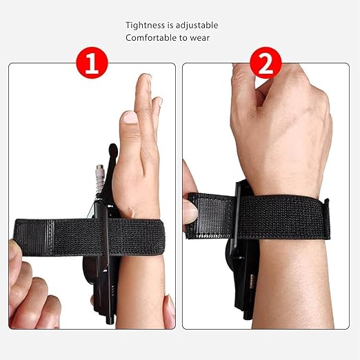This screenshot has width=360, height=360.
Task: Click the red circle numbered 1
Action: click(x=92, y=63)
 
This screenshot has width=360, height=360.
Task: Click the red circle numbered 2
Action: click(x=266, y=63)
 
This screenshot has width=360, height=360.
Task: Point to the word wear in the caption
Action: click(x=200, y=38)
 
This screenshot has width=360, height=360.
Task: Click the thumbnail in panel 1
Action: click(x=129, y=117)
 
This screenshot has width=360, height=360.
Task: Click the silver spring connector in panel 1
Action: click(x=99, y=178)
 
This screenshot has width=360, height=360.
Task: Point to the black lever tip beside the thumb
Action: click(x=113, y=149)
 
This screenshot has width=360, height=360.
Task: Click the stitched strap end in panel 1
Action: click(x=34, y=237)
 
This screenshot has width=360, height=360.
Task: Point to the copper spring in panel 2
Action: click(x=252, y=281)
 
